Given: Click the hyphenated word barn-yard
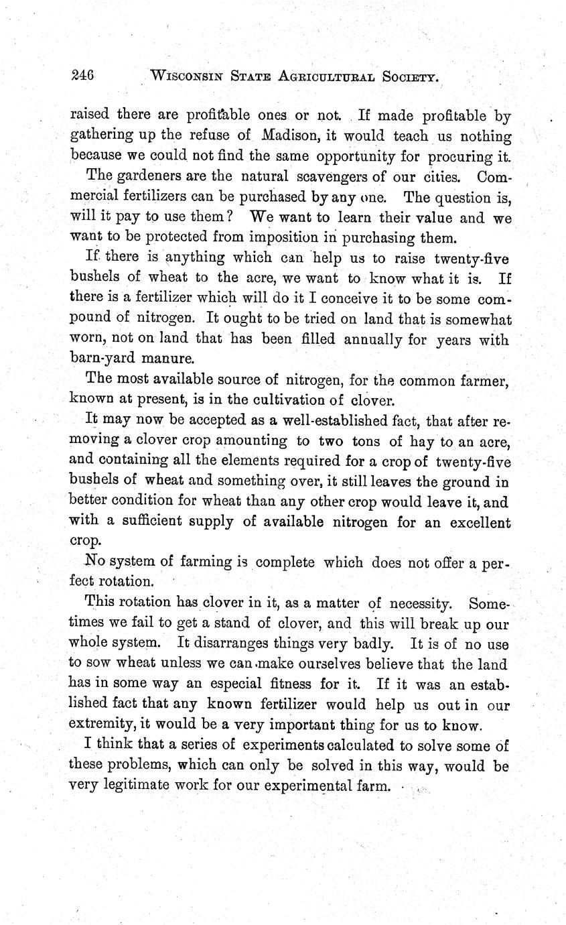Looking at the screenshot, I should pyautogui.click(x=102, y=358).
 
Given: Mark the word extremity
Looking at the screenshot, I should pyautogui.click(x=99, y=725).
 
